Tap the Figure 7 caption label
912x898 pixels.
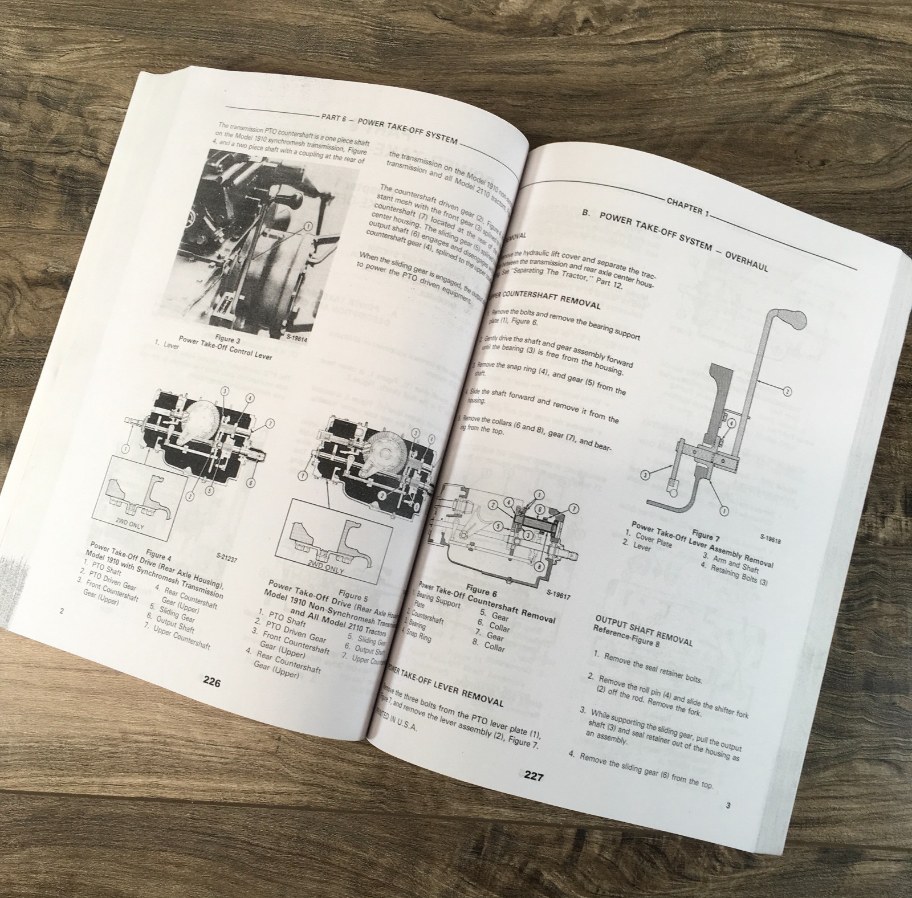(703, 536)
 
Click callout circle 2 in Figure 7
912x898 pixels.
(788, 391)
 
